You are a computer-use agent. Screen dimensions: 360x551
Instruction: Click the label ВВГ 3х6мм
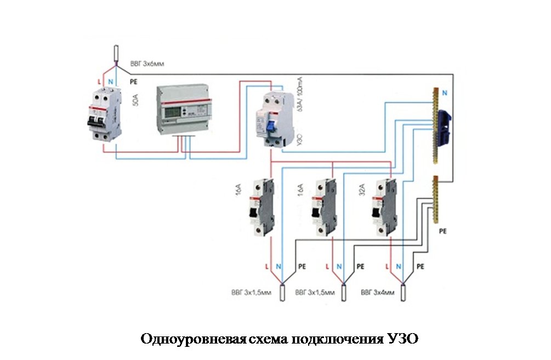click(147, 64)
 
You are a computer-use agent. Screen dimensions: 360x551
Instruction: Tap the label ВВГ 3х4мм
click(378, 293)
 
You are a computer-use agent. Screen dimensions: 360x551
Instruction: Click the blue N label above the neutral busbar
click(444, 94)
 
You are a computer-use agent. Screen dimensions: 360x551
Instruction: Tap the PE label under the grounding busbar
click(443, 231)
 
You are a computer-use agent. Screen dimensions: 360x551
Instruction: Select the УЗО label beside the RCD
click(299, 137)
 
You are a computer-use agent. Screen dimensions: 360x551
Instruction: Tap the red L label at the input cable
click(99, 82)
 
